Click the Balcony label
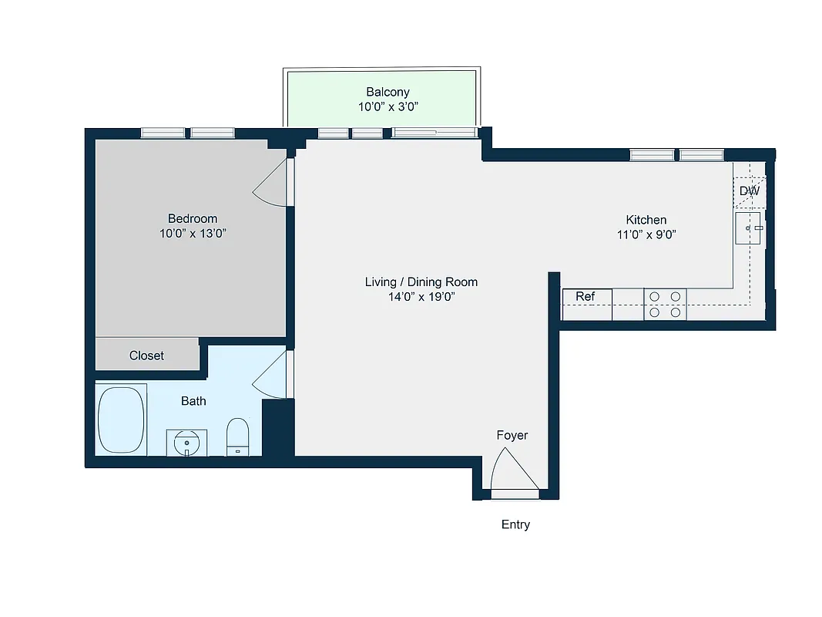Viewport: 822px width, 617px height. [x=388, y=92]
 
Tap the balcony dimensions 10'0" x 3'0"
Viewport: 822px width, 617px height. [x=388, y=107]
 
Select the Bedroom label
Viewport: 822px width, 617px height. [x=193, y=218]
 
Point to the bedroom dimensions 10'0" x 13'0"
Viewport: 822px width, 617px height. [x=193, y=234]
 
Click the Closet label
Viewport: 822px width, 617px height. [x=146, y=356]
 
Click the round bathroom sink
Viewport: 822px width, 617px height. [x=186, y=443]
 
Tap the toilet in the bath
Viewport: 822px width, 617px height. [x=237, y=437]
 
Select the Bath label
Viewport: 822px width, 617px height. [x=193, y=401]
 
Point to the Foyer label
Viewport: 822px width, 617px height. [x=512, y=435]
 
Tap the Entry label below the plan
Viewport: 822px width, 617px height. [x=515, y=524]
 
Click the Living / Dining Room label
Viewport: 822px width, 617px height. [x=421, y=282]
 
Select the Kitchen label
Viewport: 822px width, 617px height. [x=646, y=220]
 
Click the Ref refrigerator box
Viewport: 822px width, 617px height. [x=587, y=297]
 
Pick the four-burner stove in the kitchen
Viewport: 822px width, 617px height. [x=665, y=304]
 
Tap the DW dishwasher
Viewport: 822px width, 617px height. [x=749, y=190]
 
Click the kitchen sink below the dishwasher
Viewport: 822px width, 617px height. [x=748, y=228]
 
